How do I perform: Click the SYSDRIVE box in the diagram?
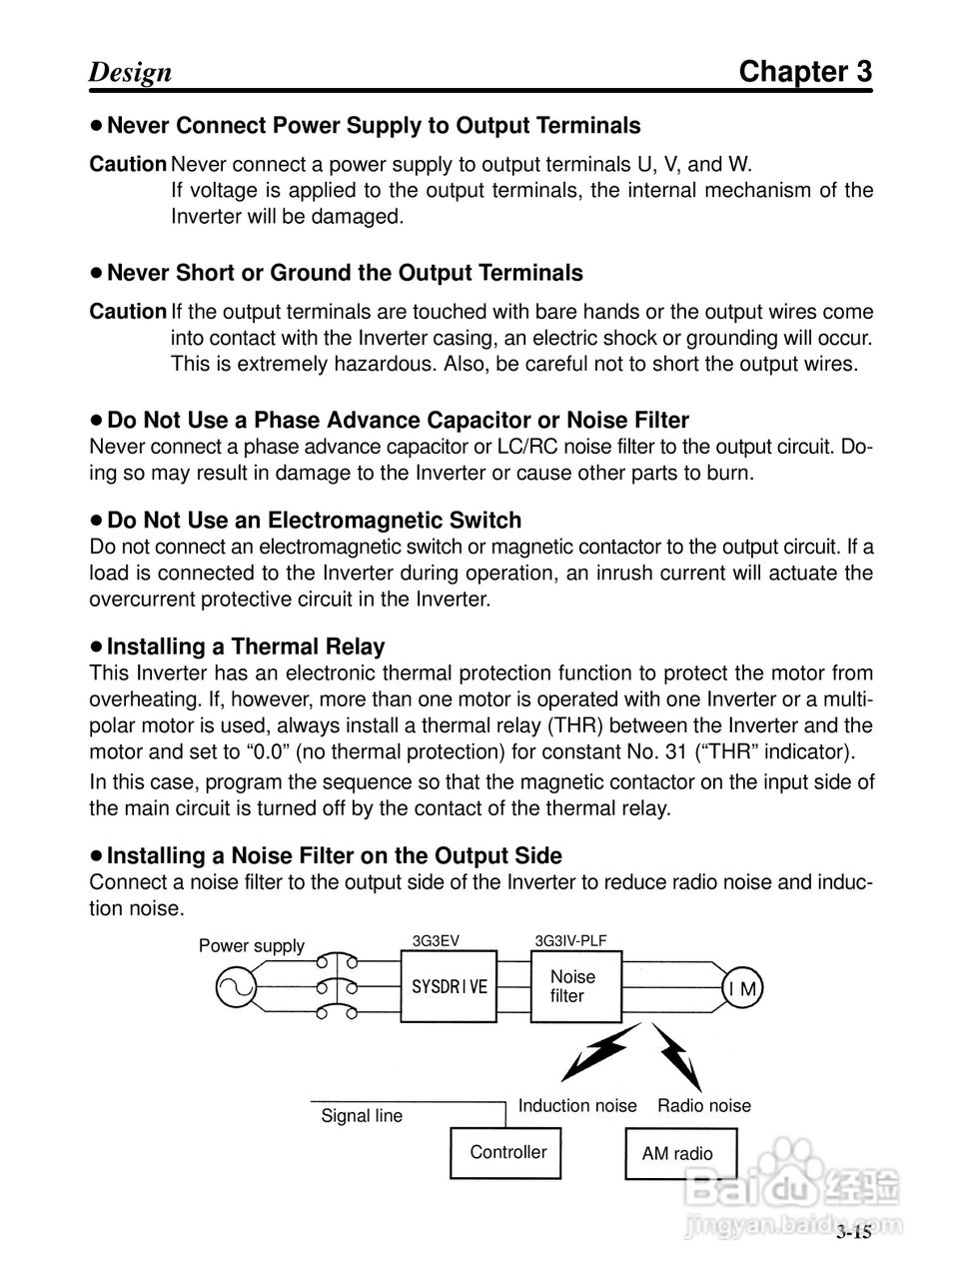click(x=450, y=985)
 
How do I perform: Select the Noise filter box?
click(x=574, y=986)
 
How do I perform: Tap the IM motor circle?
click(x=742, y=989)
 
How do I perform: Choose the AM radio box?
click(x=680, y=1154)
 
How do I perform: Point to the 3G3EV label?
click(x=437, y=940)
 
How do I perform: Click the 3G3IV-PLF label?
click(x=570, y=940)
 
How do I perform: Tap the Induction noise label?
click(x=577, y=1105)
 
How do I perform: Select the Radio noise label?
click(x=703, y=1105)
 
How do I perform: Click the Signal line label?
click(x=362, y=1116)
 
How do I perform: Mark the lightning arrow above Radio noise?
click(x=678, y=1055)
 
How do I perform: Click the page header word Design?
click(x=130, y=73)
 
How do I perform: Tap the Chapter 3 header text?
click(x=805, y=72)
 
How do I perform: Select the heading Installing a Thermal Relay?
click(x=245, y=646)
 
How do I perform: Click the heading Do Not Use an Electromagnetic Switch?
click(x=314, y=521)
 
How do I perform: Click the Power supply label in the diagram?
click(x=252, y=946)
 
